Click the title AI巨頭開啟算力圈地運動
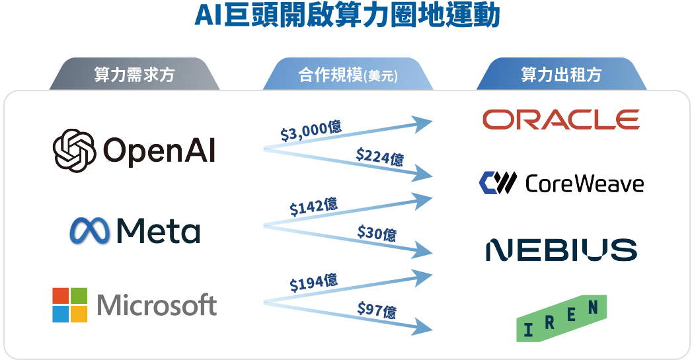tap(347, 16)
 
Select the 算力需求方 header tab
tap(134, 75)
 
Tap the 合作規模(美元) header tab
tap(348, 75)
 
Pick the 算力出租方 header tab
tap(561, 75)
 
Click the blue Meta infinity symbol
tap(90, 231)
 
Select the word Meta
tap(158, 231)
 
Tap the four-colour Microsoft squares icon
tap(70, 305)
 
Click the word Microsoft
tap(157, 305)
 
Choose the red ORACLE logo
tap(560, 120)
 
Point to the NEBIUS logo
tap(561, 250)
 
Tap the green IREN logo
tap(561, 318)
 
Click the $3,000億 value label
tap(311, 131)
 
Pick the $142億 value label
tap(313, 207)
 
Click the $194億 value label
tap(313, 283)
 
